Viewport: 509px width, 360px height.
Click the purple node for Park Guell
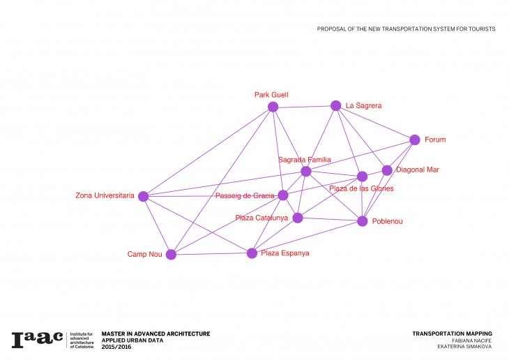point(273,107)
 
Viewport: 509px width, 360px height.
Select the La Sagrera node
point(335,105)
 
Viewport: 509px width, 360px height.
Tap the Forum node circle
point(415,140)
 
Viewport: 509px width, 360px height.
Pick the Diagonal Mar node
point(387,170)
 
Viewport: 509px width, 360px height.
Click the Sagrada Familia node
point(305,172)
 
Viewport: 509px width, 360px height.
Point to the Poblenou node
point(362,221)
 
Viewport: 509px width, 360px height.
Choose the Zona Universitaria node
point(143,196)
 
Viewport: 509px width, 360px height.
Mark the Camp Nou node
point(171,255)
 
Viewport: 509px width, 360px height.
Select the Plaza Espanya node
point(252,253)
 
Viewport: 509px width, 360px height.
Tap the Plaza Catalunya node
point(298,218)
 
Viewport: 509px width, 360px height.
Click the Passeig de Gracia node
point(283,195)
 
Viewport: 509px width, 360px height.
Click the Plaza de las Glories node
point(362,177)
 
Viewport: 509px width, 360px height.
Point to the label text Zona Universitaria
point(105,196)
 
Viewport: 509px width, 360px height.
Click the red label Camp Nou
point(144,255)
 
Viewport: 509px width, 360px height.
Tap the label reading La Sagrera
point(364,106)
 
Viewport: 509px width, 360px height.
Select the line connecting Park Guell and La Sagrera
point(304,106)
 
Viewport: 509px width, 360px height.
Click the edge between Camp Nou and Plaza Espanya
point(211,254)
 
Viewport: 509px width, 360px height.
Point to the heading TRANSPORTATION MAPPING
point(453,333)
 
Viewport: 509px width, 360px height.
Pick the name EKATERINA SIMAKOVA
point(465,347)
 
